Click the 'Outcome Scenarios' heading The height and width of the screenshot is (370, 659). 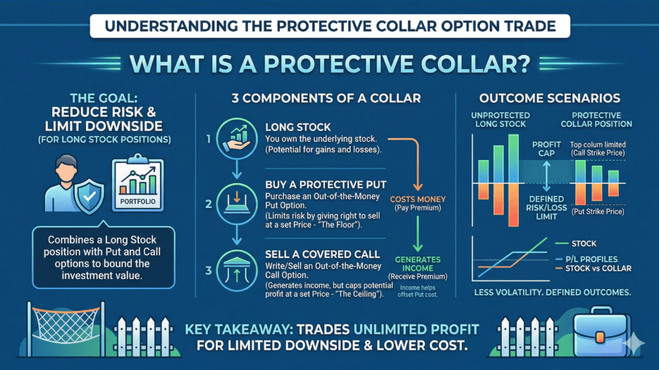(550, 97)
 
